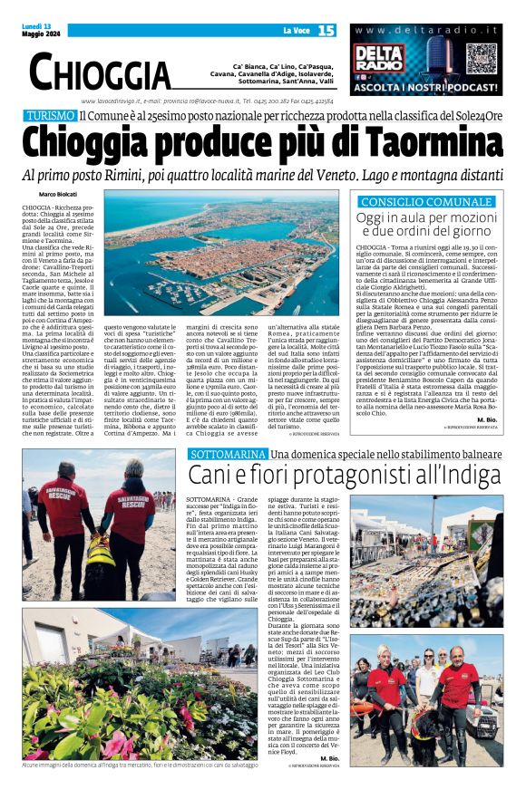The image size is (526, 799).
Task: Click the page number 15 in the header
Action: click(x=326, y=30)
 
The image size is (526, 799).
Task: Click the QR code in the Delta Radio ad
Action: click(x=482, y=58)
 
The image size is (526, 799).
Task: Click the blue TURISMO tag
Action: click(x=51, y=115)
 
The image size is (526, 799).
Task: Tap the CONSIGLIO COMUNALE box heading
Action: click(x=424, y=201)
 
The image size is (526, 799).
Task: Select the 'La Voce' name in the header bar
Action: click(x=296, y=31)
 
